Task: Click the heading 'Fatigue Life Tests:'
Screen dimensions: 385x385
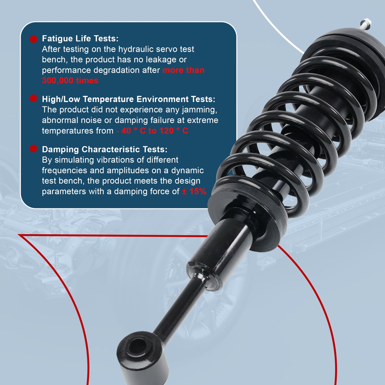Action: click(80, 39)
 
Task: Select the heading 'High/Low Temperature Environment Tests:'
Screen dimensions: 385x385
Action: click(128, 99)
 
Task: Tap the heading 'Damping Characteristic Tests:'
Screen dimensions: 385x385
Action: click(104, 149)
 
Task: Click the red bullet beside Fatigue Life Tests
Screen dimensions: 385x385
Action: click(33, 39)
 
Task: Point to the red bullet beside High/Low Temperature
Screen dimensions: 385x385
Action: click(33, 99)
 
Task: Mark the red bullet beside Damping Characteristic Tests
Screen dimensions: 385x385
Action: click(33, 149)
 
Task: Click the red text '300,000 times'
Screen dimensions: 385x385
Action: click(70, 80)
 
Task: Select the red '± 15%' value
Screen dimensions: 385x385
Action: click(194, 192)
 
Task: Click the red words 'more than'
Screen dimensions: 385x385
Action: click(183, 70)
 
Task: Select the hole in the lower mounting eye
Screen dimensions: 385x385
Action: click(137, 347)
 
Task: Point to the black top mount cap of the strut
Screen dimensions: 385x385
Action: click(346, 37)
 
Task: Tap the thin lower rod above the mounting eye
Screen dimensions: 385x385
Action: click(181, 309)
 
